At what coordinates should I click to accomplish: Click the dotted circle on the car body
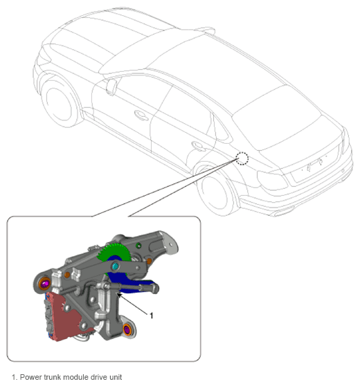pyautogui.click(x=242, y=158)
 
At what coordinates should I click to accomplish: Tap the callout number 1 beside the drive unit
pyautogui.click(x=152, y=315)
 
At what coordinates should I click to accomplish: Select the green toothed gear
pyautogui.click(x=116, y=254)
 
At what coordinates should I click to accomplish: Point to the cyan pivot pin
pyautogui.click(x=115, y=266)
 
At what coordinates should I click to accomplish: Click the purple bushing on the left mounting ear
pyautogui.click(x=45, y=284)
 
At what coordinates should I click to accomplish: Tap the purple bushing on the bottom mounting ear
pyautogui.click(x=127, y=329)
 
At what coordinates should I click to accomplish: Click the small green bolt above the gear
pyautogui.click(x=138, y=246)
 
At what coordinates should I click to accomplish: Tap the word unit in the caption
pyautogui.click(x=116, y=377)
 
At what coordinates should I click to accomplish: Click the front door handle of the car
pyautogui.click(x=141, y=116)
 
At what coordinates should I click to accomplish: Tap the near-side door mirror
pyautogui.click(x=111, y=86)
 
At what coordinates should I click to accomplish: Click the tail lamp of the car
pyautogui.click(x=272, y=181)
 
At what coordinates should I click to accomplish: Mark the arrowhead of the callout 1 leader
pyautogui.click(x=119, y=295)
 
